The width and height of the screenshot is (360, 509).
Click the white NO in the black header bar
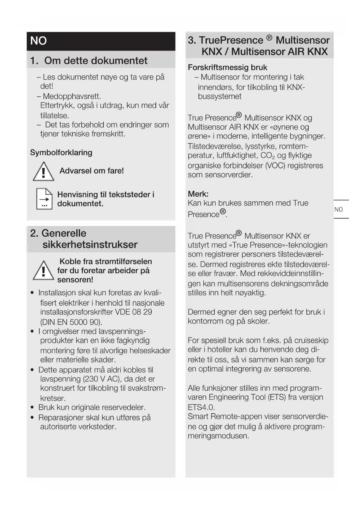click(38, 41)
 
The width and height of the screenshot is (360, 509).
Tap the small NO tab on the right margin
click(339, 210)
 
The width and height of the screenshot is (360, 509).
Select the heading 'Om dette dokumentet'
click(96, 60)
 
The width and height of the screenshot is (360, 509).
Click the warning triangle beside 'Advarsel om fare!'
click(44, 172)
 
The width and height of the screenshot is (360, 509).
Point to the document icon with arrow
click(44, 199)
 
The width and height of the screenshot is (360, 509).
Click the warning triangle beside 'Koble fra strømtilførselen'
click(44, 271)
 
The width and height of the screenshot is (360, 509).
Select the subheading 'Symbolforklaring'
click(61, 153)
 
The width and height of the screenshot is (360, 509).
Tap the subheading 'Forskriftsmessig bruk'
click(227, 67)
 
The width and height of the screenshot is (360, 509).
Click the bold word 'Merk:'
click(198, 194)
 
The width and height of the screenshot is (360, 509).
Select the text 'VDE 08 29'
click(134, 312)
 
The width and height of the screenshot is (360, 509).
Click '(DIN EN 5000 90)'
click(71, 322)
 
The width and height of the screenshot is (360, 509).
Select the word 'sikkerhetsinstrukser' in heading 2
click(90, 245)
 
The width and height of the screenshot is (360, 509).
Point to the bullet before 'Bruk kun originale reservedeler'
click(32, 407)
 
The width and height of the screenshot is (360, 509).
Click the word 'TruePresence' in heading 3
click(231, 40)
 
